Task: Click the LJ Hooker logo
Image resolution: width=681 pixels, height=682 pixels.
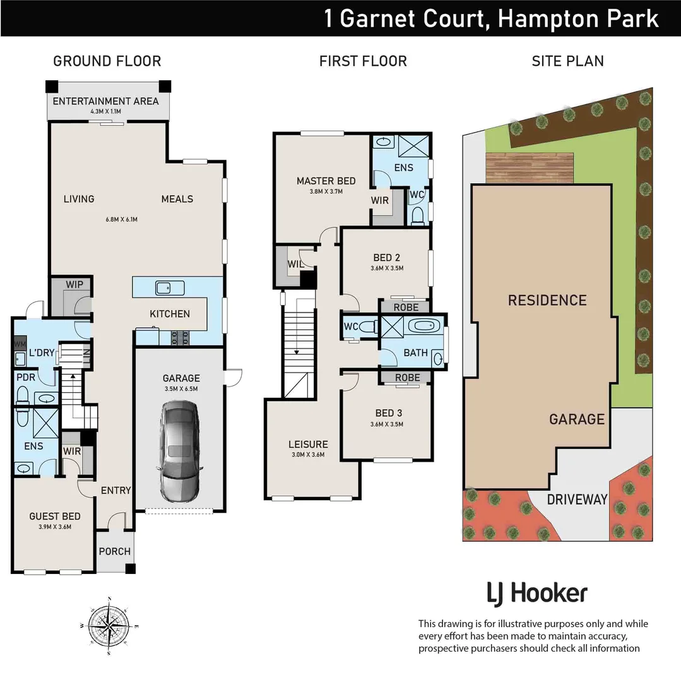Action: click(x=537, y=594)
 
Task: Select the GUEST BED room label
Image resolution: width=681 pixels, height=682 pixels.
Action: click(x=54, y=516)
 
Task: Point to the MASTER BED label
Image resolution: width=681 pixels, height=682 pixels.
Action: click(x=326, y=181)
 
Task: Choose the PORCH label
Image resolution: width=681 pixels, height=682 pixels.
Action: click(x=115, y=551)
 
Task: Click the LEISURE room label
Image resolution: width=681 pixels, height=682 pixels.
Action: click(x=309, y=444)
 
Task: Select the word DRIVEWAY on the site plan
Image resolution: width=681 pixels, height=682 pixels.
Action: click(x=577, y=500)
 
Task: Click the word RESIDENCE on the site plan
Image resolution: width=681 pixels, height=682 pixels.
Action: click(x=547, y=300)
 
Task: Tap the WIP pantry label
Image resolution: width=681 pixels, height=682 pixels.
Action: click(x=74, y=285)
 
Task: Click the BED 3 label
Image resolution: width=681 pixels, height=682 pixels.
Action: click(x=388, y=413)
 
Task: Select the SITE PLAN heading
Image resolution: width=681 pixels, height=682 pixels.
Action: click(x=567, y=61)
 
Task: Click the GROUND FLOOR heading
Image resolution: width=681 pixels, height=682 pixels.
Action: click(x=107, y=61)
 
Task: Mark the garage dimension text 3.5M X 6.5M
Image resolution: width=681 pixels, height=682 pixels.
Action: click(x=182, y=389)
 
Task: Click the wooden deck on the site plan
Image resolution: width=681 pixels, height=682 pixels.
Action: click(x=529, y=166)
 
